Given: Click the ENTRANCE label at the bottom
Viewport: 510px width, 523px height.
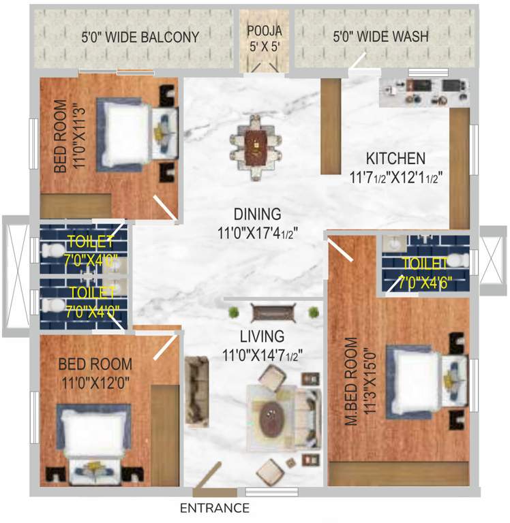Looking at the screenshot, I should (x=215, y=508).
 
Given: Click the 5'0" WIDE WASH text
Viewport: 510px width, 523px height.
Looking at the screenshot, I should (x=380, y=37).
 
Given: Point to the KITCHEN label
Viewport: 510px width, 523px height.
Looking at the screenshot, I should (x=395, y=159).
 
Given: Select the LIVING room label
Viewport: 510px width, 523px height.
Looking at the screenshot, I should (x=262, y=336).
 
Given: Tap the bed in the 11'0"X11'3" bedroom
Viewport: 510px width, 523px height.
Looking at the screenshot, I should (x=133, y=133).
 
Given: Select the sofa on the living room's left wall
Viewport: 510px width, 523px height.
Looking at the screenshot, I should (x=197, y=389).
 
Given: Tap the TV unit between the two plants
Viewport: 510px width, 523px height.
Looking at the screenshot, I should (x=273, y=313).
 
